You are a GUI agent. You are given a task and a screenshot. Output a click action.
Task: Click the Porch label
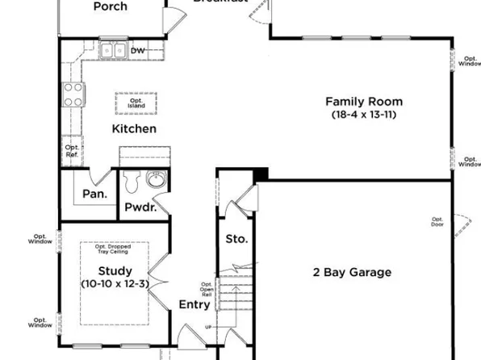[110, 6]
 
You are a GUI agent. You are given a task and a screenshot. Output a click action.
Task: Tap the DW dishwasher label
[137, 51]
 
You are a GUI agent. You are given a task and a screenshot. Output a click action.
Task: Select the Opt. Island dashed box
[136, 103]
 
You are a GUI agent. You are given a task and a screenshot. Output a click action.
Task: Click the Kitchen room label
[134, 129]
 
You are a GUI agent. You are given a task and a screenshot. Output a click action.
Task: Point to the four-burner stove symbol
[73, 94]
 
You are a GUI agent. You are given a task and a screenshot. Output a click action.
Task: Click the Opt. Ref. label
[72, 151]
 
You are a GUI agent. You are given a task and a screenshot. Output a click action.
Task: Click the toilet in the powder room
[134, 181]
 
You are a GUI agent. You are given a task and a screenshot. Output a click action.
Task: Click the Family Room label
[363, 102]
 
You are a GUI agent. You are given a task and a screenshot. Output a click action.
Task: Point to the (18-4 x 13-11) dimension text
[363, 115]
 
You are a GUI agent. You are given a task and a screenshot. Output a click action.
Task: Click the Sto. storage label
[236, 240]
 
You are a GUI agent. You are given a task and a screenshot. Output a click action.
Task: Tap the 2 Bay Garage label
[352, 273]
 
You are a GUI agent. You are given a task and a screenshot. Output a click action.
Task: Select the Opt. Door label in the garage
[437, 222]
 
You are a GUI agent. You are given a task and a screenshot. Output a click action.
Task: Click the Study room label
[115, 271]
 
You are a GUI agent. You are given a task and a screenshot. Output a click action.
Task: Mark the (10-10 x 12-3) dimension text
[115, 284]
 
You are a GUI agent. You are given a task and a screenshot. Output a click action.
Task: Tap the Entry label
[194, 304]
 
